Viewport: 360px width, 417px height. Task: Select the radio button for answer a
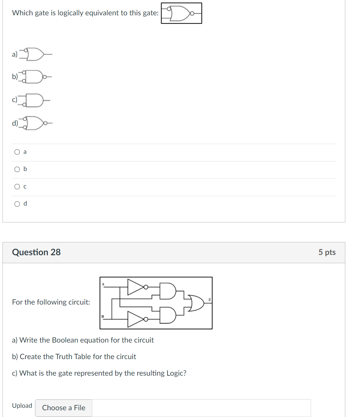pyautogui.click(x=17, y=152)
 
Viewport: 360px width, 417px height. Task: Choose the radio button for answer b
pyautogui.click(x=17, y=169)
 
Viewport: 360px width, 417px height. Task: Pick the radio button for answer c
pyautogui.click(x=17, y=187)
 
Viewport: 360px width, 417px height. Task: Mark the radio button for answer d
pyautogui.click(x=17, y=204)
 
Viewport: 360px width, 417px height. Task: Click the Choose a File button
pyautogui.click(x=64, y=408)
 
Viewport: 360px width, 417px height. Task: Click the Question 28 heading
pyautogui.click(x=36, y=252)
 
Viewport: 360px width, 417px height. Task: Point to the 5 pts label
pyautogui.click(x=327, y=252)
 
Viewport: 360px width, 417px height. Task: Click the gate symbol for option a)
pyautogui.click(x=35, y=54)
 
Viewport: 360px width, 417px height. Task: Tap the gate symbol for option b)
pyautogui.click(x=34, y=77)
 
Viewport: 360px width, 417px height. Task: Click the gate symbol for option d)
pyautogui.click(x=35, y=123)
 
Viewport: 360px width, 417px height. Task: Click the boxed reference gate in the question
pyautogui.click(x=181, y=13)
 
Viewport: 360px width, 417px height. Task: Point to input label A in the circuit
pyautogui.click(x=103, y=284)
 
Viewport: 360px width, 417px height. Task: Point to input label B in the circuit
pyautogui.click(x=103, y=316)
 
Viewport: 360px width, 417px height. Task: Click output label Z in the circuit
pyautogui.click(x=210, y=299)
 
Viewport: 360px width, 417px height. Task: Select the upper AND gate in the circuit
pyautogui.click(x=168, y=291)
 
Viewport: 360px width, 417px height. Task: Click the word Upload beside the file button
pyautogui.click(x=22, y=406)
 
